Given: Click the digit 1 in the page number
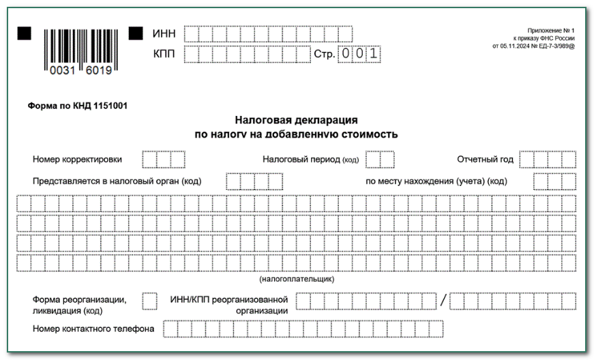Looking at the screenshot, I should [373, 54].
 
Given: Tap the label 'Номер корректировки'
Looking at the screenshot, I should [78, 160].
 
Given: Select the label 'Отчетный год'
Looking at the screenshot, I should [485, 160].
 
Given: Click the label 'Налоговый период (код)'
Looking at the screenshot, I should [310, 160].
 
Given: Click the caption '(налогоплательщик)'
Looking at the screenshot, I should [297, 279].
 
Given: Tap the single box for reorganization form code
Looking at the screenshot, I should [149, 301].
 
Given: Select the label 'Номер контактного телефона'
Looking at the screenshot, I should [93, 329].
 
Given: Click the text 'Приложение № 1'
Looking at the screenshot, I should [551, 31].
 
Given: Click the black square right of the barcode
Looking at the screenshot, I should [136, 33].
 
